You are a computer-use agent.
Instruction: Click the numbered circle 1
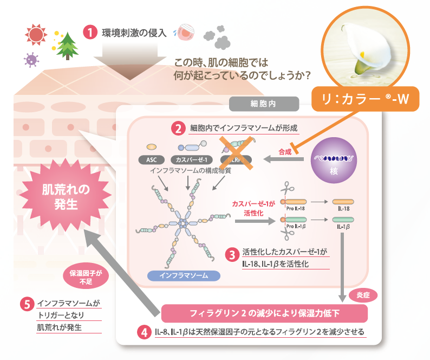pos(90,32)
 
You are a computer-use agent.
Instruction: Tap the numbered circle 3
pos(231,254)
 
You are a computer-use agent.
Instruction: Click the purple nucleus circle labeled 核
pos(334,159)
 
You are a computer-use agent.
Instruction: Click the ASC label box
pos(152,160)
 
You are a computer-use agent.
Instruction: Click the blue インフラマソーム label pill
pos(184,275)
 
